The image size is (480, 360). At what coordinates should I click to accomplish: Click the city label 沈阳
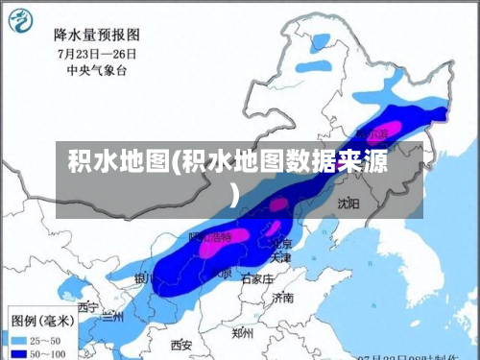click(x=348, y=204)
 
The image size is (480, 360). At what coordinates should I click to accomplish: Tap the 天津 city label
click(x=280, y=258)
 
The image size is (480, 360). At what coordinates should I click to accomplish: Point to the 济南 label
click(x=282, y=299)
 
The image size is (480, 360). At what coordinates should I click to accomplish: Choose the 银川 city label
click(x=144, y=279)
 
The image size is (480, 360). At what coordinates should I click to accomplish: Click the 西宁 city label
click(x=88, y=307)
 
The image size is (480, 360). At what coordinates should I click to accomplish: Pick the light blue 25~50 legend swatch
click(x=18, y=340)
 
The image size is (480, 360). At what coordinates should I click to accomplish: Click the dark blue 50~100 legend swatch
click(x=18, y=353)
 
